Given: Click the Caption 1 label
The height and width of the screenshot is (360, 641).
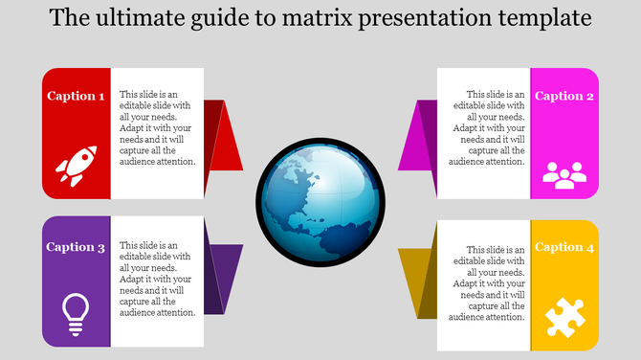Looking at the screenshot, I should (77, 96).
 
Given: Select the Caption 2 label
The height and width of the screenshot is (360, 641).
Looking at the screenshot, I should (564, 96).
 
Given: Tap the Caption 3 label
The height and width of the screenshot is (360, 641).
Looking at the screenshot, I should (77, 247).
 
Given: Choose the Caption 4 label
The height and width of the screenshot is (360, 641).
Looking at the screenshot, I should (564, 247).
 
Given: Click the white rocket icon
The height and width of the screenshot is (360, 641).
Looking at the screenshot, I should (75, 165).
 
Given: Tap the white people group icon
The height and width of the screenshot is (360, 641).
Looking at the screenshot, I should (564, 174).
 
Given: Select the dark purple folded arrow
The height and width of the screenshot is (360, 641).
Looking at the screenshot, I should (224, 279).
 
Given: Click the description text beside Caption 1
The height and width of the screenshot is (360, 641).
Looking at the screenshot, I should (158, 128).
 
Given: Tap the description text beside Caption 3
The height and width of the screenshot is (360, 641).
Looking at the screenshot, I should (158, 279).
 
